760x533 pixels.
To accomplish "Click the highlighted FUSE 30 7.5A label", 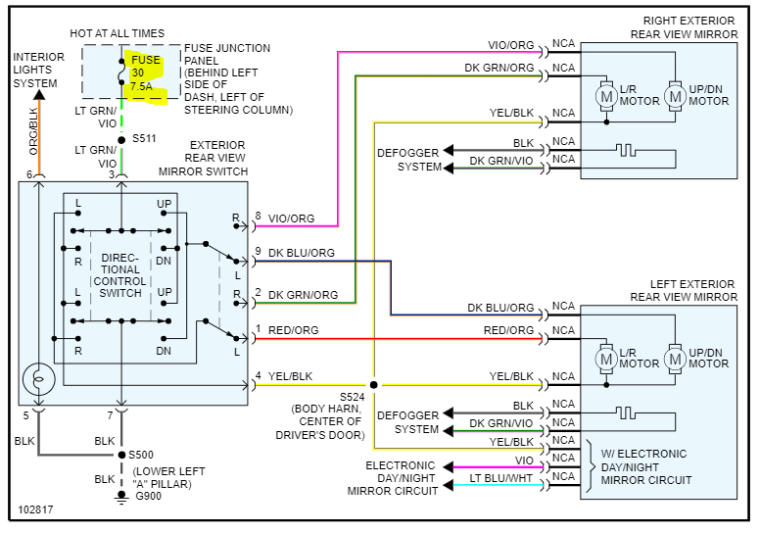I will point(144,73).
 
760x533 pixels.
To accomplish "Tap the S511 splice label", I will point(143,139).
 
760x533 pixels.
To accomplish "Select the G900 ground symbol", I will point(120,496).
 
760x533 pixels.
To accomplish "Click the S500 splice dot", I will point(120,455).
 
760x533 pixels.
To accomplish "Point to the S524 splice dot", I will point(374,384).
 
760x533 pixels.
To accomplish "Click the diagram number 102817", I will point(35,510).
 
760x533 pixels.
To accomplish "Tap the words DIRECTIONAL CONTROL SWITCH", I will point(120,274).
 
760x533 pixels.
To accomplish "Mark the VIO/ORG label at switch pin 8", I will point(292,219).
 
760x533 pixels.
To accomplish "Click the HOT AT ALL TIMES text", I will point(118,34).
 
